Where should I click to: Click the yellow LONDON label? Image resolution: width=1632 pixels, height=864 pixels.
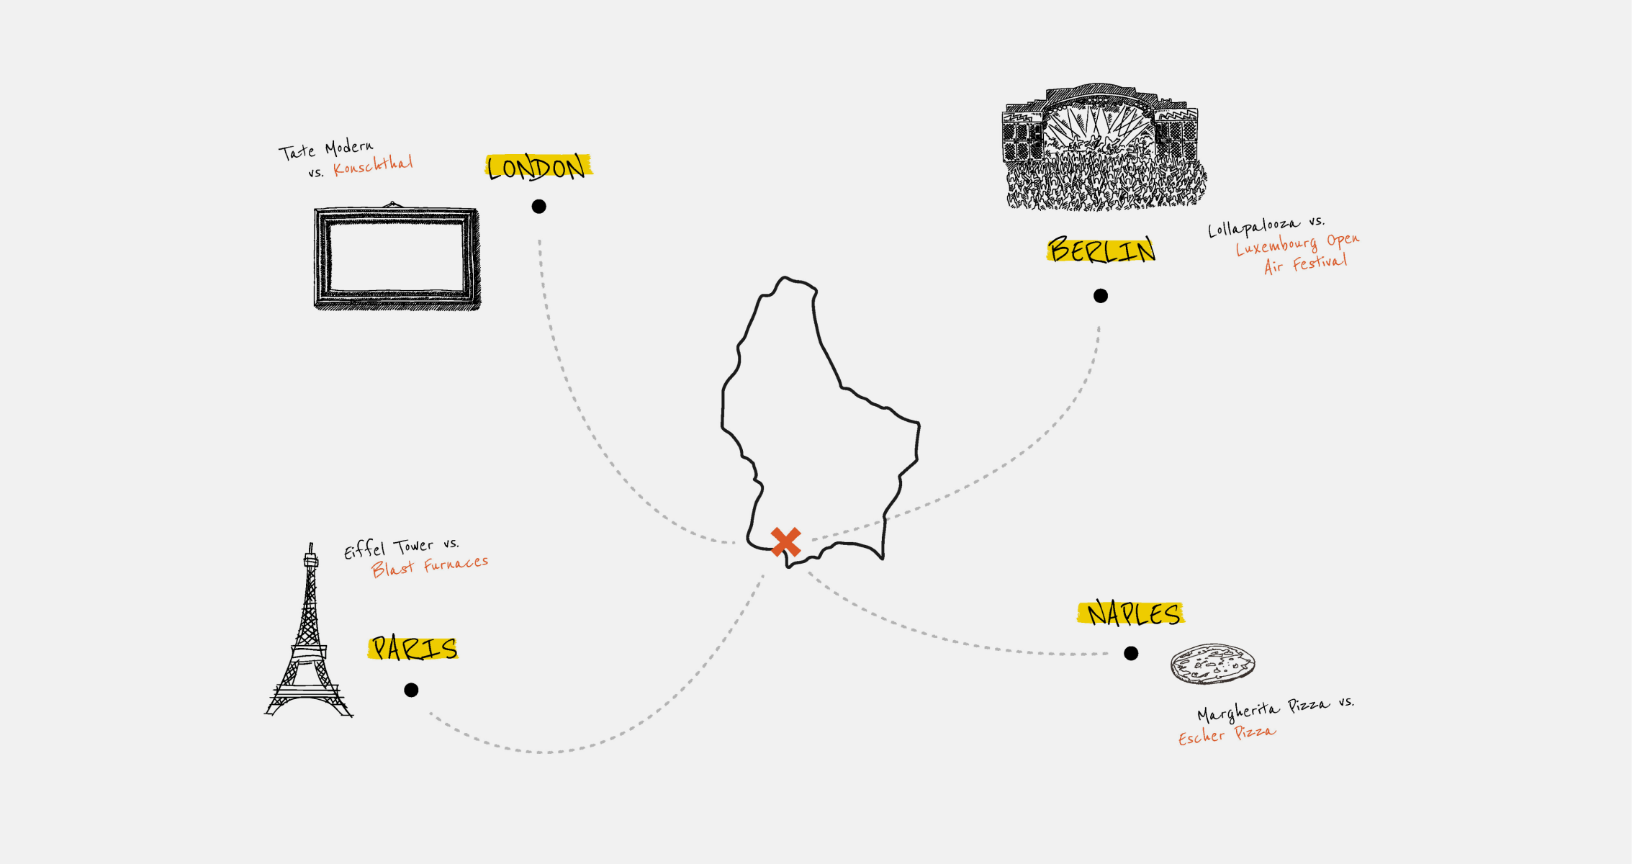point(538,166)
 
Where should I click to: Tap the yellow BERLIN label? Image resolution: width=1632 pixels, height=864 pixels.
point(1101,249)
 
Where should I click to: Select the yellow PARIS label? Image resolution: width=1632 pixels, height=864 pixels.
point(413,648)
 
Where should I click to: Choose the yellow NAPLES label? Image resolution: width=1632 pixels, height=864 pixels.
point(1131,613)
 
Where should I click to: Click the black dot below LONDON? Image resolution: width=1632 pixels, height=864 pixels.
point(538,207)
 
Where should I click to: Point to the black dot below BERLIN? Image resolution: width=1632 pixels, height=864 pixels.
point(1101,296)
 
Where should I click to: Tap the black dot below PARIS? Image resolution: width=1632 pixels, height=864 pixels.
point(411,690)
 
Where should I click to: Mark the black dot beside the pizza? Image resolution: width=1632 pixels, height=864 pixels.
point(1131,653)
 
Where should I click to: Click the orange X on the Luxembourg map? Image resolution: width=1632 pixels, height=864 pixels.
point(785,542)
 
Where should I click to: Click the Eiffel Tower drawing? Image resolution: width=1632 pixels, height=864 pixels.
point(310,634)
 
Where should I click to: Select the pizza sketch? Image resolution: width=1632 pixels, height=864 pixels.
point(1213,663)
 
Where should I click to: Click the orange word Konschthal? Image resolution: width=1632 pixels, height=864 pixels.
point(373,166)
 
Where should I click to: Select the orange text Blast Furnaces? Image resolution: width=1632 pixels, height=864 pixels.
point(430,566)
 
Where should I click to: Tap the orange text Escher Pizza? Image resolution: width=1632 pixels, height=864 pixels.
point(1227,734)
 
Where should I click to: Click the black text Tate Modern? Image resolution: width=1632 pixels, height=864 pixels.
point(326,150)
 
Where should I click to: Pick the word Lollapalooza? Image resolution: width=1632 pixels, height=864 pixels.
point(1254,227)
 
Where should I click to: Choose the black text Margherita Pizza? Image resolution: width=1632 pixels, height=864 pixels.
point(1263,710)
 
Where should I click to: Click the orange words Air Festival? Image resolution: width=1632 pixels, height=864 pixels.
point(1306,264)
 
